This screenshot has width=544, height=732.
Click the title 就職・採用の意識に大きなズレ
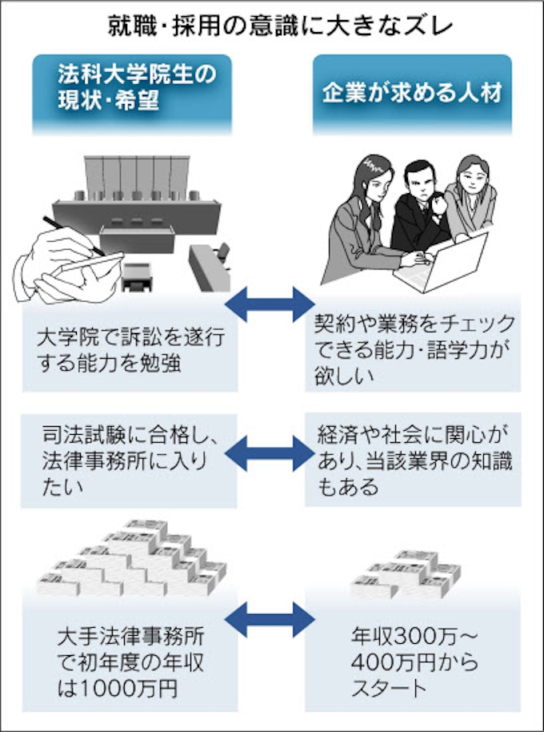[x=272, y=24]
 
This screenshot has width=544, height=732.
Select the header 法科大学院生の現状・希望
[x=132, y=90]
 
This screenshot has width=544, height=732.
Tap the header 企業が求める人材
[x=412, y=90]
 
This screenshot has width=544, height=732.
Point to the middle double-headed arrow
[x=271, y=452]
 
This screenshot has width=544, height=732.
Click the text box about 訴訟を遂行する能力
[x=128, y=351]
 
